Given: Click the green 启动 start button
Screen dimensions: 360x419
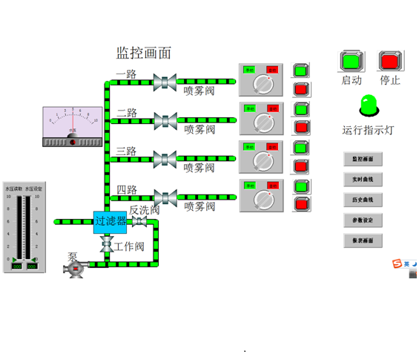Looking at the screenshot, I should tap(351, 60).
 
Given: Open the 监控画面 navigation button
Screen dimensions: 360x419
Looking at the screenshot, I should tap(363, 159).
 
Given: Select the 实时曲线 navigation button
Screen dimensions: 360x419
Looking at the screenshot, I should tap(363, 179).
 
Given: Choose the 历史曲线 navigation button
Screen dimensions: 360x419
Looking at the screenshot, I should tap(363, 200).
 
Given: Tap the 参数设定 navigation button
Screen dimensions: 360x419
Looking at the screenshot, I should tap(363, 220).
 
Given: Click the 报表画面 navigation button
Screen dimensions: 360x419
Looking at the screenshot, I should tap(363, 240).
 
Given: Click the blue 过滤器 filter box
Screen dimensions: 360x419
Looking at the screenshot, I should tap(110, 221).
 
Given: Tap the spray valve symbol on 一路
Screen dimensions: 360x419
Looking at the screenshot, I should tap(164, 81).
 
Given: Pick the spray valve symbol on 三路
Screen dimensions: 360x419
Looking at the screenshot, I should tap(164, 158).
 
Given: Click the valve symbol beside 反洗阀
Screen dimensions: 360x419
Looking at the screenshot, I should tap(139, 222).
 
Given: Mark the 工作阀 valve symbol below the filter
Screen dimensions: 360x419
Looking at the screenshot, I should tap(107, 244).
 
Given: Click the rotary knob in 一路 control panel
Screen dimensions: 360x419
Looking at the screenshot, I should tap(262, 82).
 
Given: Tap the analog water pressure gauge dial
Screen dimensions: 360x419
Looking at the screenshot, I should tap(73, 122).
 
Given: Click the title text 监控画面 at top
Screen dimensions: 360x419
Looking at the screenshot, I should tap(144, 53).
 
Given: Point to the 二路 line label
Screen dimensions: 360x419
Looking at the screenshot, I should tap(127, 113).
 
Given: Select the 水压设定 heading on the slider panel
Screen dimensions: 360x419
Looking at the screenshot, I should tap(33, 189).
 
